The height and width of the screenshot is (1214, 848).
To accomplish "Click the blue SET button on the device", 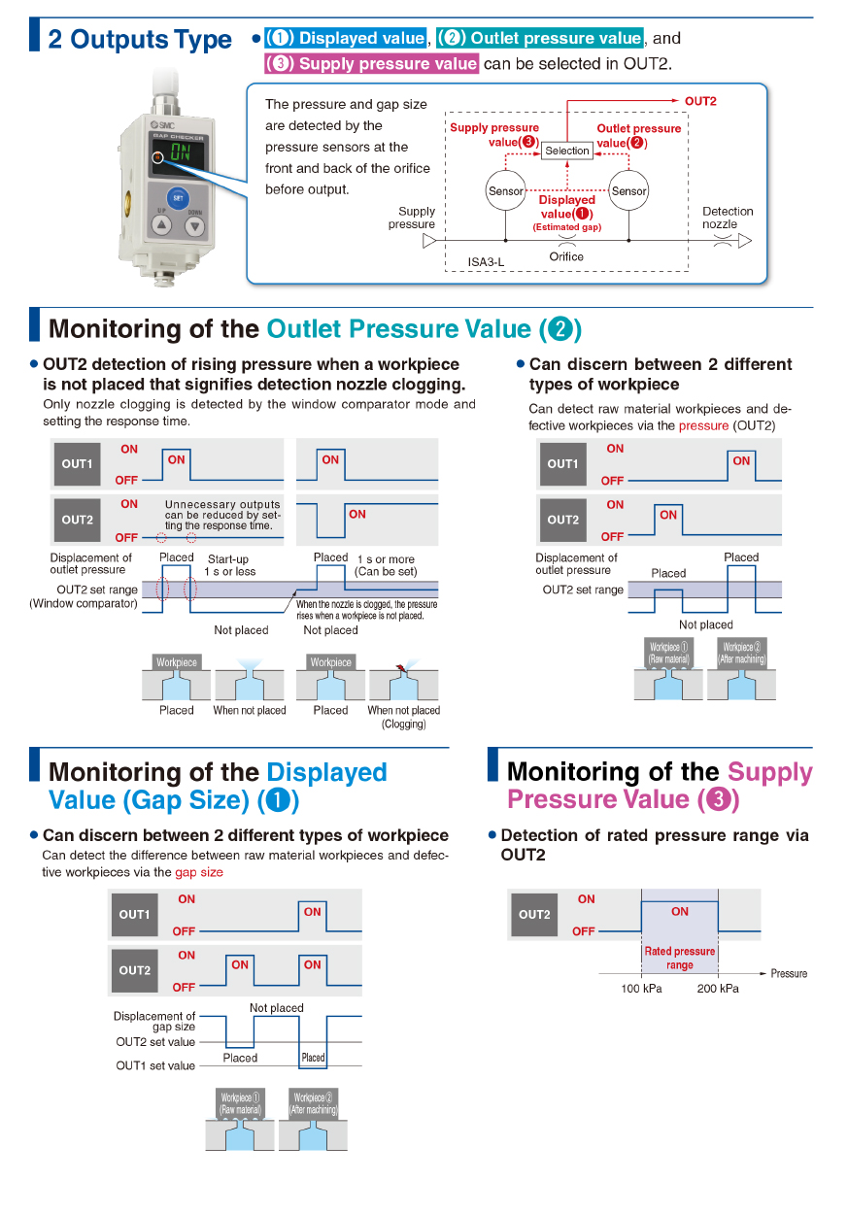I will tap(178, 195).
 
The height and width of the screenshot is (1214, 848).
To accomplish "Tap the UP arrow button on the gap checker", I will tap(161, 226).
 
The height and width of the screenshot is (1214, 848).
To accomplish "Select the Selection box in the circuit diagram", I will tap(567, 151).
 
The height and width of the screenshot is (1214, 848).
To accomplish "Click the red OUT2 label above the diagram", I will tap(700, 101).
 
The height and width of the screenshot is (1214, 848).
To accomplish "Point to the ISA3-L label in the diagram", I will tap(487, 262).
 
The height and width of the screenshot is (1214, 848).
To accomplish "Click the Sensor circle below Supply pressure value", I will tap(505, 191).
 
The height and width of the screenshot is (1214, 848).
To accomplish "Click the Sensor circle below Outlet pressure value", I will tap(628, 191).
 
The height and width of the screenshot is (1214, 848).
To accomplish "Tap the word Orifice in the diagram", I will tap(566, 256).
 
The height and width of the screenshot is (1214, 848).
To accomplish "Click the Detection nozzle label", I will tap(728, 218).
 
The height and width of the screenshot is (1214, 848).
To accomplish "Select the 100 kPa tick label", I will tap(641, 989).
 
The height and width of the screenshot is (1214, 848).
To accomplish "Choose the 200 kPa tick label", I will tap(718, 989).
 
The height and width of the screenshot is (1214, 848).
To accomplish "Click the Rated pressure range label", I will tap(680, 958).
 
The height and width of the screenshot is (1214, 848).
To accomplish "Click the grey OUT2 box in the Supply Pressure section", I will tap(534, 914).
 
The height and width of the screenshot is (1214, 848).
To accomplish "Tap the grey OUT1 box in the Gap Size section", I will tap(134, 914).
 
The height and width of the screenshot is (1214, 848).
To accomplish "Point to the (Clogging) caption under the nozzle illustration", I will tap(403, 724).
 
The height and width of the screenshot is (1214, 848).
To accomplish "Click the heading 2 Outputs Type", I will tap(140, 40).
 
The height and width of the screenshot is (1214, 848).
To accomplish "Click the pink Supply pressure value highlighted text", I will tap(372, 64).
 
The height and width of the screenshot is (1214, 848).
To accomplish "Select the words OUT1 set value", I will tap(155, 1065).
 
